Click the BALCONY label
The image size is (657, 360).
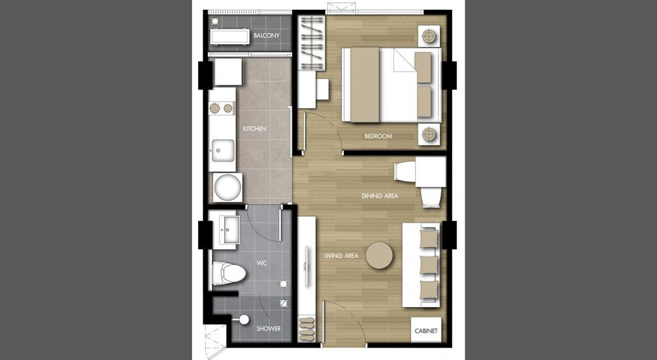point(267,36)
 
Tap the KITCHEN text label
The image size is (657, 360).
point(255,129)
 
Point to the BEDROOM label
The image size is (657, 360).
point(378,136)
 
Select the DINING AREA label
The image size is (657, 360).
point(379,196)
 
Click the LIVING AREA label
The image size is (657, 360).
point(341,256)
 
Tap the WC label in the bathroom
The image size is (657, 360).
point(262,263)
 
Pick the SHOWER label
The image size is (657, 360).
point(269,329)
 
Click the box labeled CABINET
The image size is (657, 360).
point(425,331)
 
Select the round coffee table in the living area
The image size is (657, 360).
point(379,256)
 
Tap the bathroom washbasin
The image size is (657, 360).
point(229,230)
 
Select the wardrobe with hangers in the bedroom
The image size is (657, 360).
point(311,43)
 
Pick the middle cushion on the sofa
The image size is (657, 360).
point(429,265)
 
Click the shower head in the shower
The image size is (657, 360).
point(243,320)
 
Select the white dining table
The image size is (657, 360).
point(430,172)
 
